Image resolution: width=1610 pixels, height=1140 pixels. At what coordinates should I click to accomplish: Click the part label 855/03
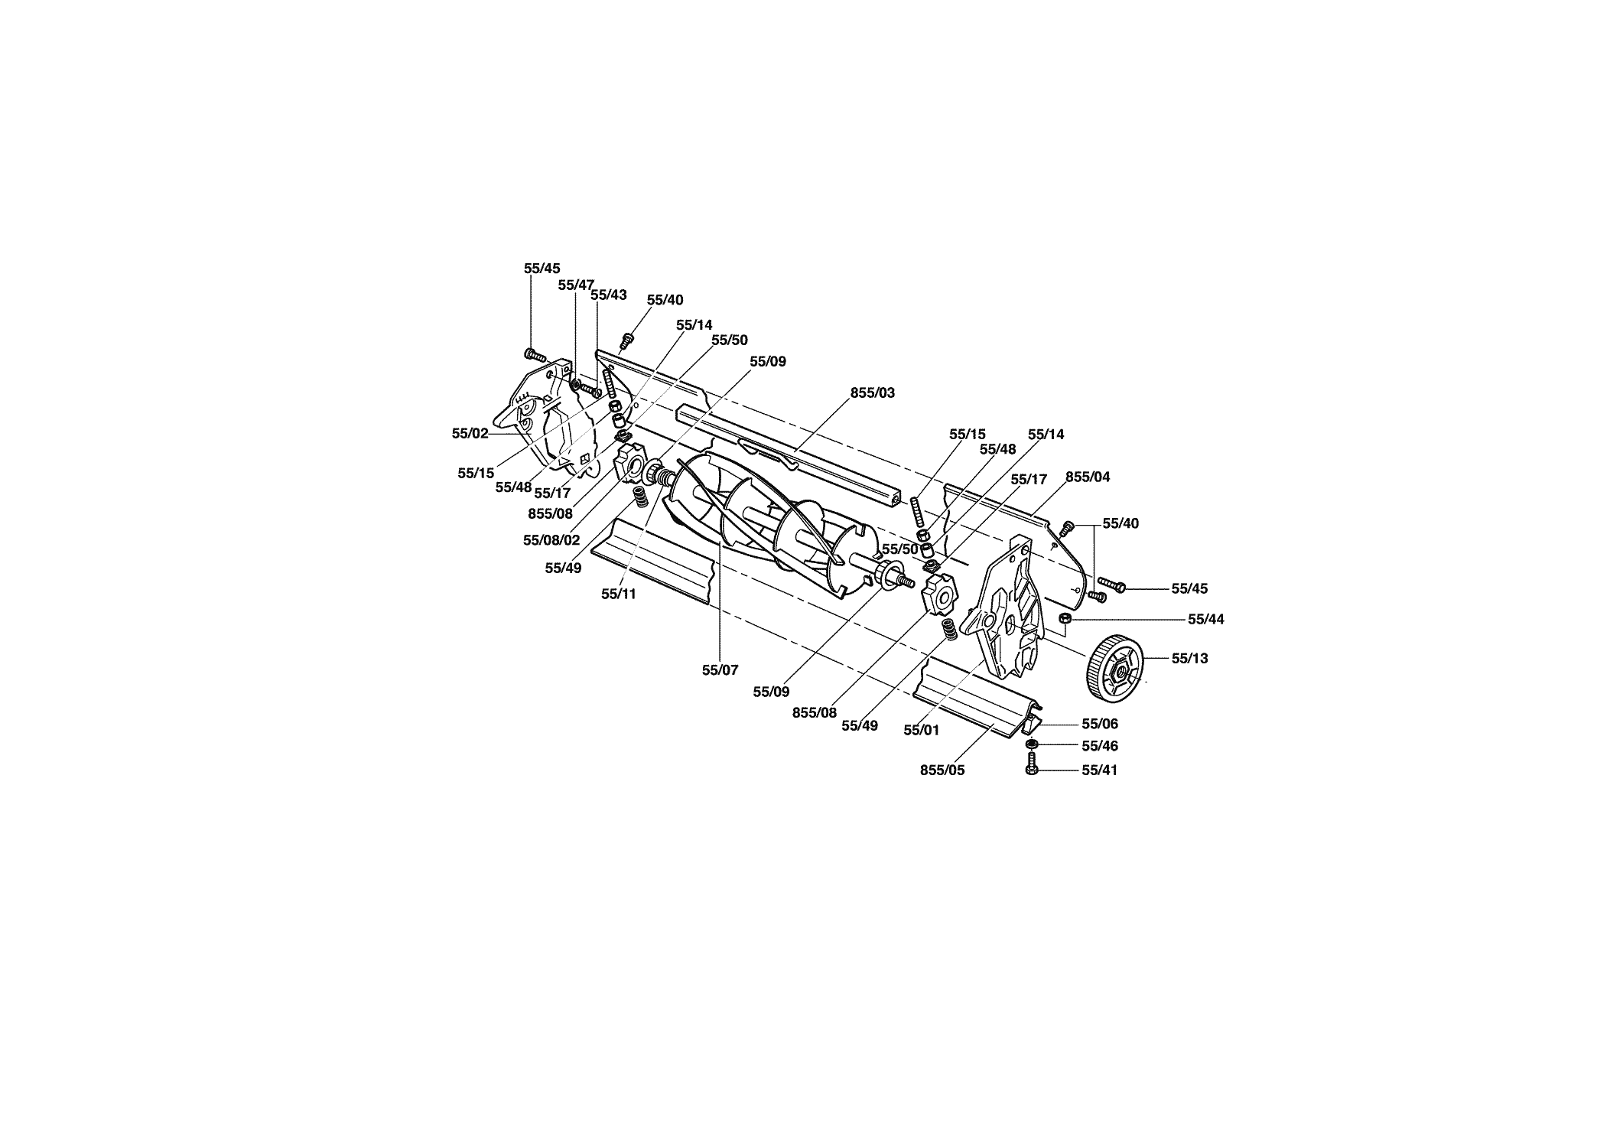coord(873,392)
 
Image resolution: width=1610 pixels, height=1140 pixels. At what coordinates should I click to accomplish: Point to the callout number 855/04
coord(1088,477)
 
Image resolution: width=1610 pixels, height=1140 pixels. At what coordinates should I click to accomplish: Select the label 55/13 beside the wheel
coord(1190,658)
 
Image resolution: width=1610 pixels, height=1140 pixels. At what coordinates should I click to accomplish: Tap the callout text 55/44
coord(1206,620)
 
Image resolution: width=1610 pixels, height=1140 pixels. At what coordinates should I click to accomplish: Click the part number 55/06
coord(1100,724)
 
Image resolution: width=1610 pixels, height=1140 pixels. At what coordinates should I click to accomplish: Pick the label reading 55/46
coord(1100,746)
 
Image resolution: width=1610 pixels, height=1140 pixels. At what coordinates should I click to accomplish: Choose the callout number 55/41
coord(1100,770)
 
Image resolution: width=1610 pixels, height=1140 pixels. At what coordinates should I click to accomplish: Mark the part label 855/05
coord(943,770)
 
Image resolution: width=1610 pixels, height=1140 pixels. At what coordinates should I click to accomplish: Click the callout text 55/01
coord(922,731)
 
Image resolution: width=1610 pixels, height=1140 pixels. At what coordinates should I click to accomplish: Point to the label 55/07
coord(720,670)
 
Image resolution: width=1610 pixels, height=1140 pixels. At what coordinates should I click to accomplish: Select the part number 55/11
coord(619,594)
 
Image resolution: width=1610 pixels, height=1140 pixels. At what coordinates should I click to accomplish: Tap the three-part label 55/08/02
coord(551,540)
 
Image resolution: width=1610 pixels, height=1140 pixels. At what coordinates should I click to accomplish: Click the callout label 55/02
coord(470,433)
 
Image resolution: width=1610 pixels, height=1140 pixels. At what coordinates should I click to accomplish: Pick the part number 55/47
coord(577,285)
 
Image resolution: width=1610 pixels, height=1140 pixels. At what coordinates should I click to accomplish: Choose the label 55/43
coord(609,295)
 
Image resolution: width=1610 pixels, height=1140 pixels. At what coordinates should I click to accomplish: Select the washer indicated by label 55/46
coord(1031,745)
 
